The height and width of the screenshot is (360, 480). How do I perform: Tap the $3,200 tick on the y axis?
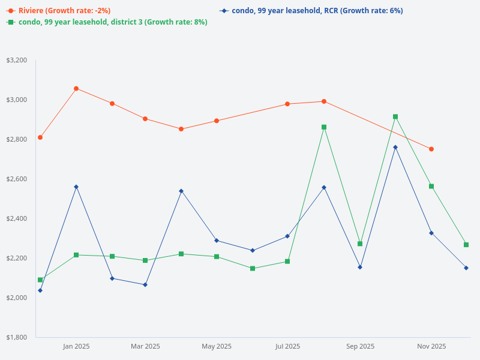[x=17, y=60]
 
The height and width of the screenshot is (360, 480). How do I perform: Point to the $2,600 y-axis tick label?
[x=17, y=179]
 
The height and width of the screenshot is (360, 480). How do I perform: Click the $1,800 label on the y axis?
[x=17, y=337]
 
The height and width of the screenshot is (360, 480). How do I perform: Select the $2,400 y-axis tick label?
[x=17, y=218]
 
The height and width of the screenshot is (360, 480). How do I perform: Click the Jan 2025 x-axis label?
[x=76, y=346]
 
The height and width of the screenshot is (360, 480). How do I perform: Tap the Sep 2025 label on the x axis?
[x=360, y=346]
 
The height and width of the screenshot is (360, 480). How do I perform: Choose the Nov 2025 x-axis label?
[x=431, y=346]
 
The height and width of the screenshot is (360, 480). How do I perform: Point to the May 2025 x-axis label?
[x=217, y=346]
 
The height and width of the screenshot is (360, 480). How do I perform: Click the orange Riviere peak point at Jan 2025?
[x=76, y=88]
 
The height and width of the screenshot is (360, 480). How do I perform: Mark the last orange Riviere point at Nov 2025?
[x=431, y=149]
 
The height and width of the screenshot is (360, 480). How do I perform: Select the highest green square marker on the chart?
[x=395, y=116]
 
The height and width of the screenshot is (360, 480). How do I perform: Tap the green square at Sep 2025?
[x=360, y=244]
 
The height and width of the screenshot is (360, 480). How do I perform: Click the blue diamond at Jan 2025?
[x=76, y=187]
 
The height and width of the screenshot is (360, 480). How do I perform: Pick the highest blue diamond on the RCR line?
[x=395, y=147]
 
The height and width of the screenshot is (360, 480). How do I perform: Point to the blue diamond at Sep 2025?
[x=360, y=267]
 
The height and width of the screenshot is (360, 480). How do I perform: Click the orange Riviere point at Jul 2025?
[x=287, y=104]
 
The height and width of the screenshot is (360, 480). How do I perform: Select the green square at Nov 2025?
[x=431, y=186]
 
